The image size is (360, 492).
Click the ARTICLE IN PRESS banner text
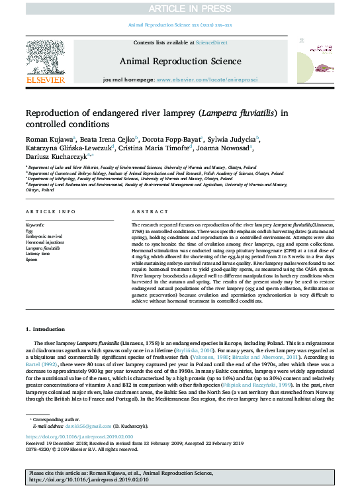[x=179, y=9]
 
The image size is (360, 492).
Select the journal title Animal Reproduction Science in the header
[x=179, y=62]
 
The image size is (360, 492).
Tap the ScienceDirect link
[x=212, y=42]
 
